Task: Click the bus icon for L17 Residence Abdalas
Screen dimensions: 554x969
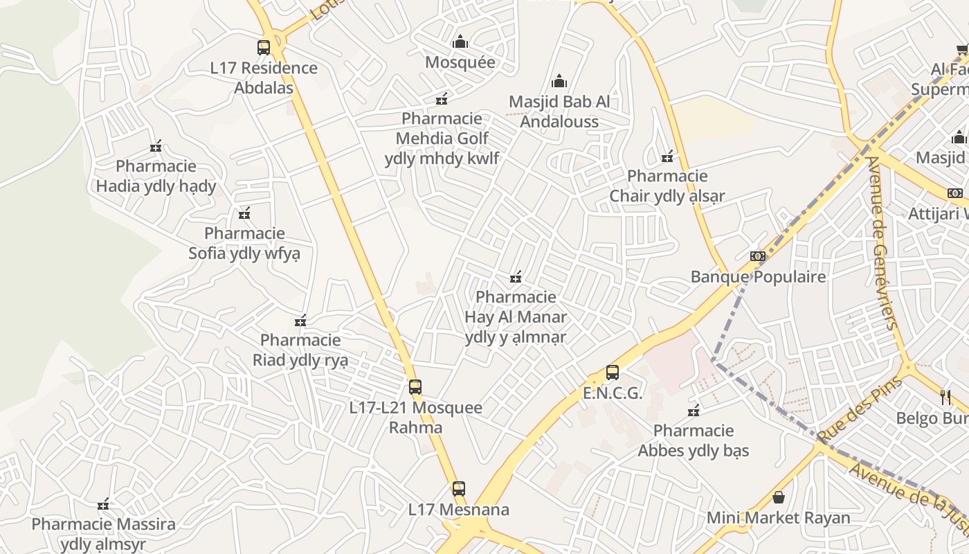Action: [264, 48]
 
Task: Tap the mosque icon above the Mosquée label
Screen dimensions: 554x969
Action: [460, 42]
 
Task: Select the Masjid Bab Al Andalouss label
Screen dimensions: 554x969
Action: [559, 111]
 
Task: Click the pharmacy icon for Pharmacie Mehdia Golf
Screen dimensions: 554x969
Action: [442, 99]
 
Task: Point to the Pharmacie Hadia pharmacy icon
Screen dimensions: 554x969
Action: [156, 146]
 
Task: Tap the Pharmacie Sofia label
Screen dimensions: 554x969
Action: [244, 243]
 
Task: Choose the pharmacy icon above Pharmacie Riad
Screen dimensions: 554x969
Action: [300, 321]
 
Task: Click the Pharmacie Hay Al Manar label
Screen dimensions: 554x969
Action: [516, 316]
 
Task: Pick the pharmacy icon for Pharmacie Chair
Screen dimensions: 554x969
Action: [667, 157]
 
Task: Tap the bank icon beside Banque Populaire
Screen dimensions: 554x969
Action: [758, 256]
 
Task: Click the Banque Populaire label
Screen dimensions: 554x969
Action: [759, 277]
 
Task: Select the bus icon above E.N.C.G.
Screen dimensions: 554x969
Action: [613, 373]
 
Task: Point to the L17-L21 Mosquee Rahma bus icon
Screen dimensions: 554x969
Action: [415, 387]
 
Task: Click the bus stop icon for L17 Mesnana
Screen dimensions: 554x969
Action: [458, 489]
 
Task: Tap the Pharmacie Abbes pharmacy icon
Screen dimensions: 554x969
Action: [694, 411]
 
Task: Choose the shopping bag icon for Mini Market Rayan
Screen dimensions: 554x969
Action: [779, 497]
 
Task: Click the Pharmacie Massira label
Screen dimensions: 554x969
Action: [103, 533]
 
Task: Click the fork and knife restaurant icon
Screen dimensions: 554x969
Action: [945, 397]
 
